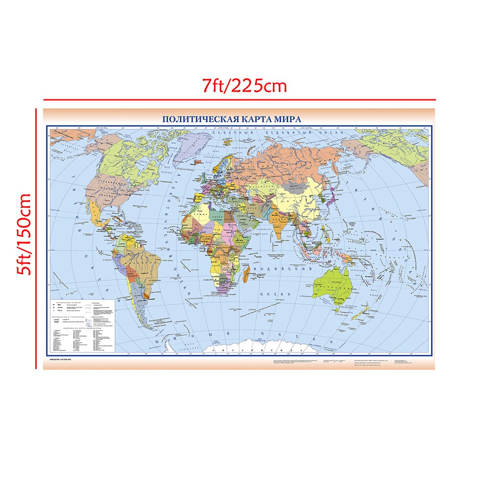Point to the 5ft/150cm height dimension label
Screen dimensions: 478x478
click(x=23, y=234)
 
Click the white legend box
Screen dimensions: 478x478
click(x=82, y=325)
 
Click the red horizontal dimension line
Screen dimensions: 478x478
click(x=239, y=100)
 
